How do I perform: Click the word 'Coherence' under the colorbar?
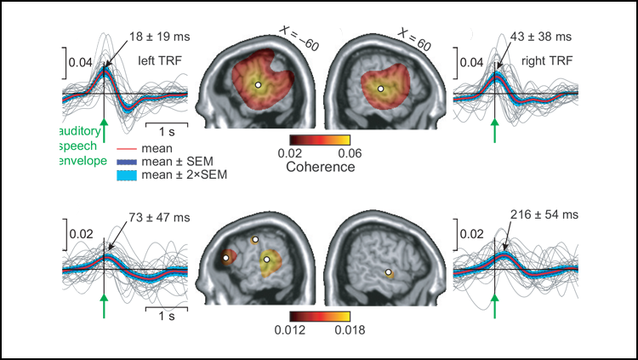320,168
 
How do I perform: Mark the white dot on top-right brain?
381,88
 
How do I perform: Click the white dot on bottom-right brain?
389,272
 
